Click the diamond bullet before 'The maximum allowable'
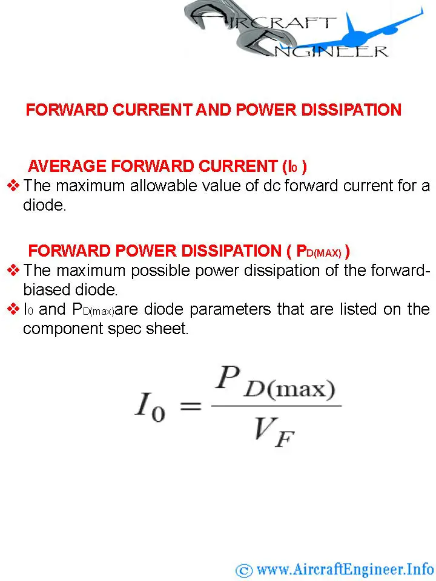[13, 185]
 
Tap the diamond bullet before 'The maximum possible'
[13, 270]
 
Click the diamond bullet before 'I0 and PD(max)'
[13, 309]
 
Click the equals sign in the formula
[191, 406]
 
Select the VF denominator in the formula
[274, 432]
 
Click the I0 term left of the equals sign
[150, 407]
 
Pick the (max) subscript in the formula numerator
[301, 389]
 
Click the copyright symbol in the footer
[244, 570]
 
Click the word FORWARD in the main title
[67, 110]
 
